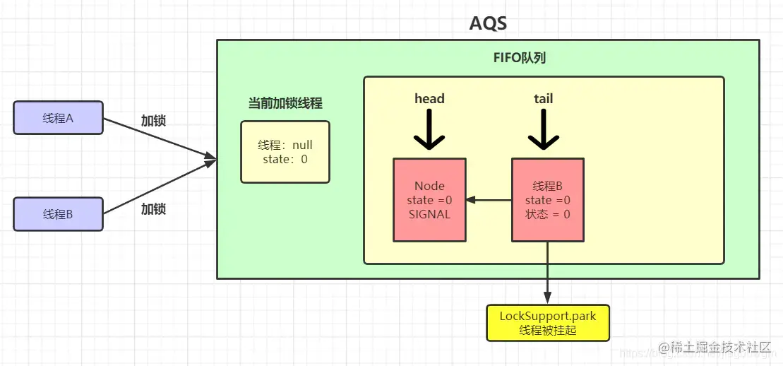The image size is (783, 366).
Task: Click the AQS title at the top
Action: point(488,23)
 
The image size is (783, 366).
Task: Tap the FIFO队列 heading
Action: point(520,58)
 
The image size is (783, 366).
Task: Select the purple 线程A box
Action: point(58,117)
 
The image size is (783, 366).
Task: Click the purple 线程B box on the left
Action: point(58,214)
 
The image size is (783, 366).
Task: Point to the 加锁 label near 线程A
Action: point(153,121)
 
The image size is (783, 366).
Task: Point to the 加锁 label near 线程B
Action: point(153,209)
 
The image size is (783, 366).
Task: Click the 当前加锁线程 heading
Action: point(285,103)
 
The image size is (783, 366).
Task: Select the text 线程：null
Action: point(285,146)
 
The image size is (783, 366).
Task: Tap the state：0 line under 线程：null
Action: point(285,159)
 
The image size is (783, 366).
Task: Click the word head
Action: point(429,98)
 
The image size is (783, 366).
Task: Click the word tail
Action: point(544,98)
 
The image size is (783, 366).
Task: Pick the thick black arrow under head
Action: point(429,129)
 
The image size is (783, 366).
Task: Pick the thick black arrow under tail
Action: point(544,129)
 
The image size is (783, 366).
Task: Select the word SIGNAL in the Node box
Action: point(429,215)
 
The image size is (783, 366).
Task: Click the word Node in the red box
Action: point(429,186)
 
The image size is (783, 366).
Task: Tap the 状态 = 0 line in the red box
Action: point(548,215)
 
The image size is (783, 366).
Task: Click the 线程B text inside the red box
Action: point(548,186)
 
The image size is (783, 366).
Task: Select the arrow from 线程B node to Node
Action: point(489,200)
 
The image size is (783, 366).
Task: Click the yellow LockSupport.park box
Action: point(548,323)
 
